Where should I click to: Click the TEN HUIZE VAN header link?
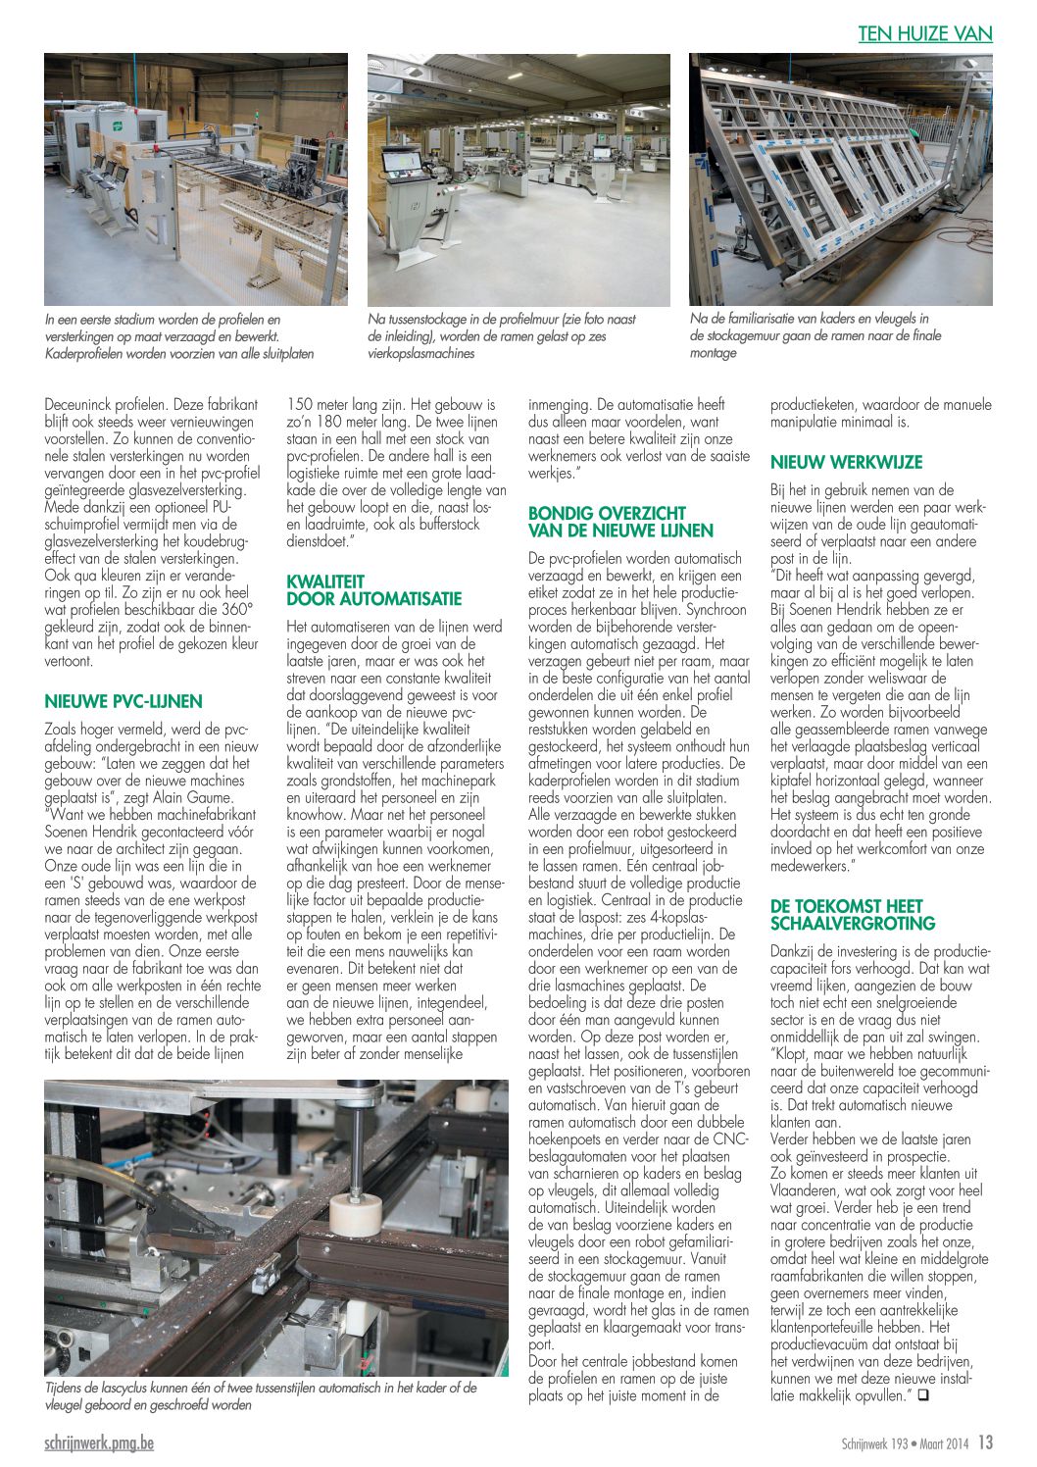(x=924, y=33)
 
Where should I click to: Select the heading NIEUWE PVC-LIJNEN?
(x=123, y=701)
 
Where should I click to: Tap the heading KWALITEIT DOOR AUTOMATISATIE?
(x=373, y=590)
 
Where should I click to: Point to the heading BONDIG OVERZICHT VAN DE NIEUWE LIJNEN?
(x=620, y=522)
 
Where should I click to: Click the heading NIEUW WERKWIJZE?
(x=846, y=462)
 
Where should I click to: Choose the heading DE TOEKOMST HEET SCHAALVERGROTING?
(x=853, y=915)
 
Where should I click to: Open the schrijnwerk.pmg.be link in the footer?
(x=99, y=1443)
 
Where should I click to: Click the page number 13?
(x=985, y=1443)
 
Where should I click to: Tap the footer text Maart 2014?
(x=945, y=1444)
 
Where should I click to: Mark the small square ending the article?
(x=922, y=1393)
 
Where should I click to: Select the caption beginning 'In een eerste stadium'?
(x=179, y=336)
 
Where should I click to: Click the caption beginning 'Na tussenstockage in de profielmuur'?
(x=501, y=336)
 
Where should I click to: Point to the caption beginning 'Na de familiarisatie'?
(x=815, y=335)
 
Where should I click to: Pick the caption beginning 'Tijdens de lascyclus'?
(x=261, y=1396)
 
